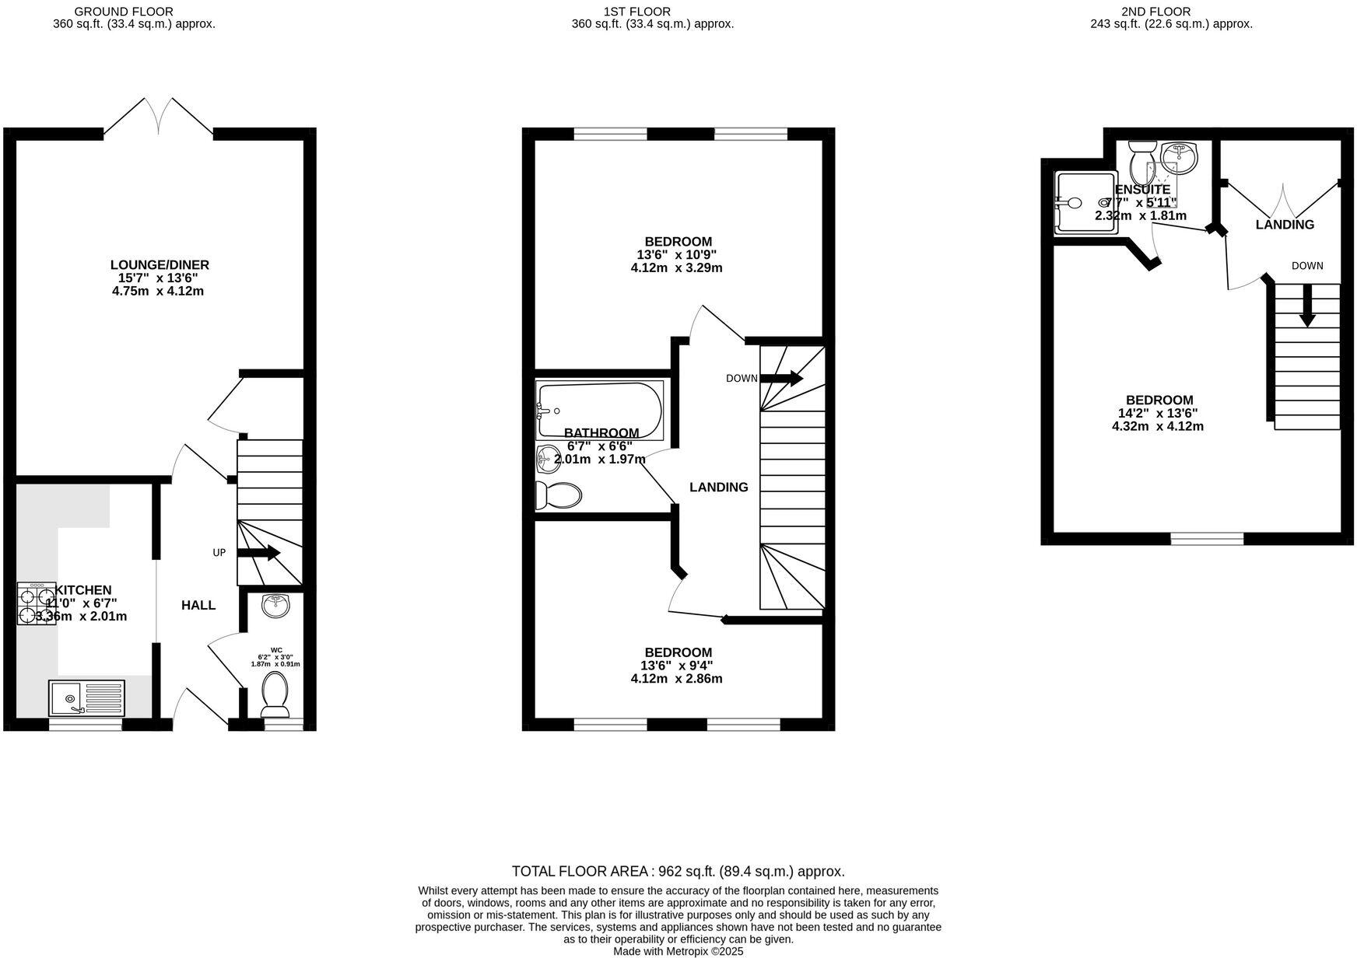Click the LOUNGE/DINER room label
tap(160, 265)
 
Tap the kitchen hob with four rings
tap(35, 603)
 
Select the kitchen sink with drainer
tap(86, 697)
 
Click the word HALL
tap(198, 605)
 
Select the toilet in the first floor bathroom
tap(559, 495)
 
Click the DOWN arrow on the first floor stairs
tap(781, 379)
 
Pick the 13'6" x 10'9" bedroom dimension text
tap(676, 255)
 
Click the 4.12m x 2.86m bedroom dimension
tap(676, 679)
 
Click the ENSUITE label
tap(1142, 190)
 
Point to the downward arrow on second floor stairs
tap(1307, 306)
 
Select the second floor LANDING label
tap(1285, 225)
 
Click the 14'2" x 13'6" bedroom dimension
tap(1159, 414)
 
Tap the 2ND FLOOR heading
tap(1155, 12)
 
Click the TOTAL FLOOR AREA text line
tap(678, 872)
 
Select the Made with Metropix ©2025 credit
tap(678, 951)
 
